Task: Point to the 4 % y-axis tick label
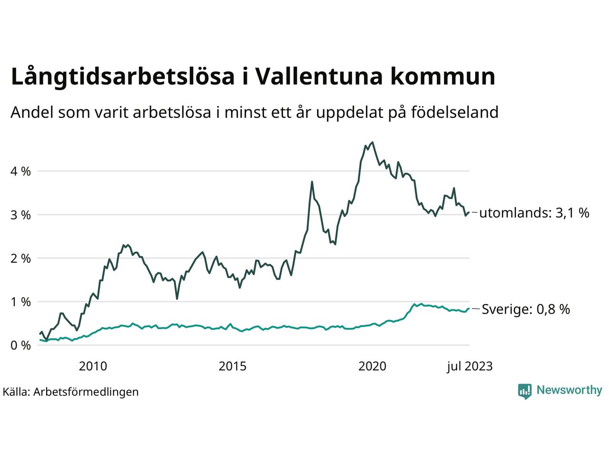coord(20,171)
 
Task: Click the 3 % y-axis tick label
coord(20,215)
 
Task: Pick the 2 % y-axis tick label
coord(20,258)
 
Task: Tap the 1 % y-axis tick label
coord(20,302)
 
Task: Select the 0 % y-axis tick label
coord(20,345)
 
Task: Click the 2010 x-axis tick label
coord(93,366)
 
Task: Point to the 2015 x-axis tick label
coord(233,366)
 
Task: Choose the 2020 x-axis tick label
coord(373,366)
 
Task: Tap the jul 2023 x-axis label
coord(469,366)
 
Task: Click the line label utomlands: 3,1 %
coord(534,213)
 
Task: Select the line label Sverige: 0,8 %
coord(526,309)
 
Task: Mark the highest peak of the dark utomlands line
coord(372,142)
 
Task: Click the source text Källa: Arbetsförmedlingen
coord(70,392)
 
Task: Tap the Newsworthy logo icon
coord(524,391)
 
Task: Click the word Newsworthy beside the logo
coord(569,390)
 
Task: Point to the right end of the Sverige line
coord(469,308)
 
